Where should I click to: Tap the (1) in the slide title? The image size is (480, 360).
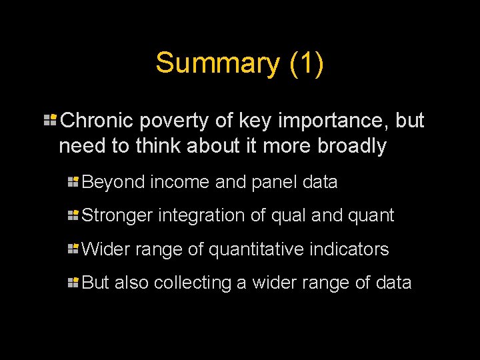tap(307, 63)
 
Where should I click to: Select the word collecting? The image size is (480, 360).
tap(193, 283)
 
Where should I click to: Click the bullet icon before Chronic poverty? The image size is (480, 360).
tap(49, 120)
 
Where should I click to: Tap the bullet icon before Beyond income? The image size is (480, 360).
tap(73, 181)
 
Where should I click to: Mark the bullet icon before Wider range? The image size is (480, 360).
tap(73, 249)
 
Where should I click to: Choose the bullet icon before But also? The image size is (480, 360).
tap(73, 282)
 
